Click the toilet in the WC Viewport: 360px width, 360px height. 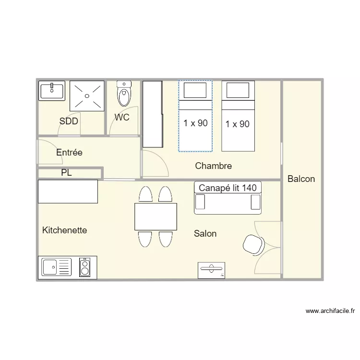(124, 94)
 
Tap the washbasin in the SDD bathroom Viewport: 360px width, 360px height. (52, 91)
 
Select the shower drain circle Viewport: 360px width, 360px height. (87, 96)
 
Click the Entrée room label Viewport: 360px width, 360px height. (69, 153)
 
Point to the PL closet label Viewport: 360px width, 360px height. (66, 173)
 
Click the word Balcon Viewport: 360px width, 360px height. (301, 179)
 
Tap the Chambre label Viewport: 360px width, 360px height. (214, 166)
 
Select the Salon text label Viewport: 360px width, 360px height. (205, 233)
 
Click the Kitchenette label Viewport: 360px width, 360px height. (64, 230)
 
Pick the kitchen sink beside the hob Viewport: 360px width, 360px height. (57, 267)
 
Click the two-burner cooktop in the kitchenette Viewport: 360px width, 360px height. (84, 267)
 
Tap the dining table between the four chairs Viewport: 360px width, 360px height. (156, 216)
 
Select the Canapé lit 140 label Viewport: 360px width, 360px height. (228, 188)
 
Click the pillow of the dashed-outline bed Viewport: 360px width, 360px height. (195, 90)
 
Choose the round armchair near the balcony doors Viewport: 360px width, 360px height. (254, 245)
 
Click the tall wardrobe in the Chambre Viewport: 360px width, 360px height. (153, 114)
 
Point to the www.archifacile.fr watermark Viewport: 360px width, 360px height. (330, 311)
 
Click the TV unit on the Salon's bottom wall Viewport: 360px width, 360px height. (212, 270)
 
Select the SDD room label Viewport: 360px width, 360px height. (69, 121)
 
